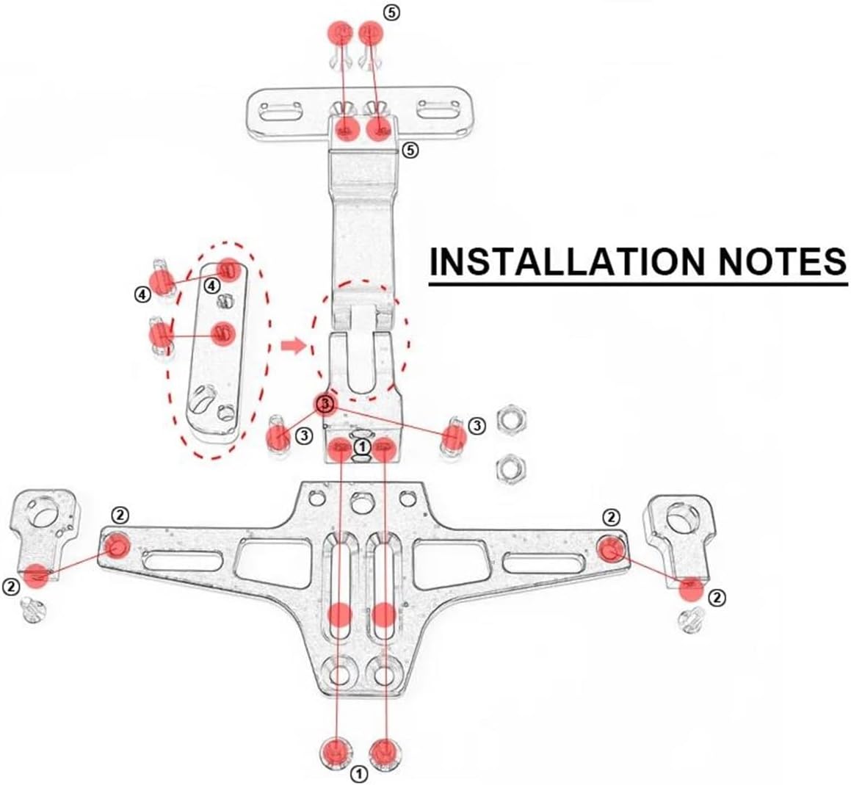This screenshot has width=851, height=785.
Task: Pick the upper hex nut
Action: tap(510, 419)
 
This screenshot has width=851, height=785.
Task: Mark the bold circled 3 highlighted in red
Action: tap(326, 403)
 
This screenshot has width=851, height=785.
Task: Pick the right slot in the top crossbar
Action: tap(438, 112)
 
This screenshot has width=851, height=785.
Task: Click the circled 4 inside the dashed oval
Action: tap(211, 284)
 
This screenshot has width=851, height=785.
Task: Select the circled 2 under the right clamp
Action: tap(717, 598)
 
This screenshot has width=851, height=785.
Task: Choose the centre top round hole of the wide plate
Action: tap(361, 504)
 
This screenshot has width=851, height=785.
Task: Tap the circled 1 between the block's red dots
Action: tap(361, 445)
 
